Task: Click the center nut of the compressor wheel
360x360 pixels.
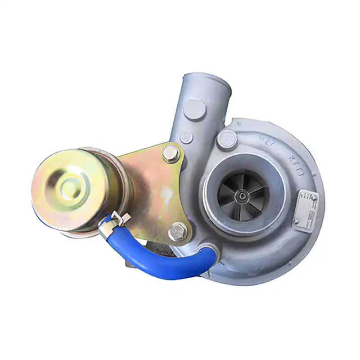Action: click(x=243, y=195)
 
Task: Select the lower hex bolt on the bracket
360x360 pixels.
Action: click(x=177, y=233)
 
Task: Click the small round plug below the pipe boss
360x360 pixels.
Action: click(x=186, y=137)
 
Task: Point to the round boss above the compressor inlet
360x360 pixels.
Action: click(x=226, y=140)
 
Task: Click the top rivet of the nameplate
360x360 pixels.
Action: click(x=314, y=197)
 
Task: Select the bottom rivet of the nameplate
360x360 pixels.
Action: click(x=296, y=221)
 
